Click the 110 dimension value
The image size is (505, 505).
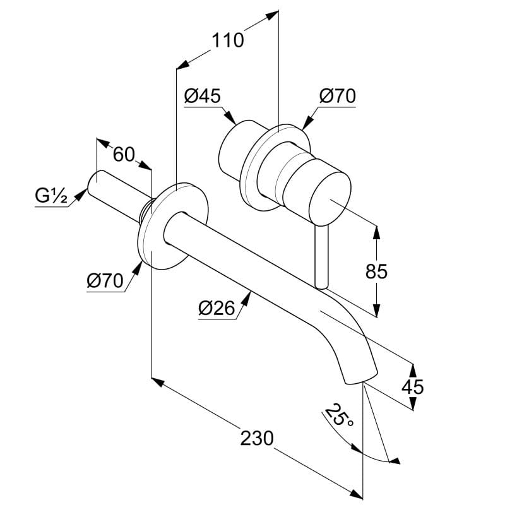click(227, 40)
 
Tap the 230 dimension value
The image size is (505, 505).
click(257, 438)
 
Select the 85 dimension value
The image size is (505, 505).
click(376, 271)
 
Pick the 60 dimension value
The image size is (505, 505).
click(124, 154)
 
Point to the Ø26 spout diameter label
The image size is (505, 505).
click(217, 308)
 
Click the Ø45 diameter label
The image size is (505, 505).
click(203, 96)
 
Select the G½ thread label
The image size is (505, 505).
click(51, 196)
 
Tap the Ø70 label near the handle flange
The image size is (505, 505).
click(338, 96)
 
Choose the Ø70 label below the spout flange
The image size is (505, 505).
click(105, 280)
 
